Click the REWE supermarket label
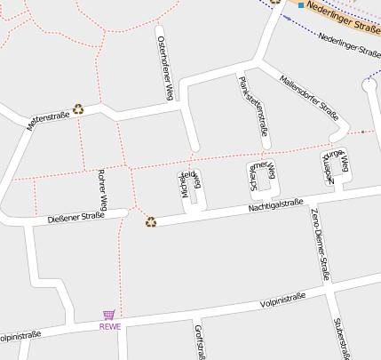click(109, 326)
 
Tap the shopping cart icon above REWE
click(109, 315)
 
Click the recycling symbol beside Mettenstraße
click(78, 109)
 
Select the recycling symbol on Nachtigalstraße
click(151, 222)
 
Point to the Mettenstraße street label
click(48, 120)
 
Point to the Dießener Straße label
click(75, 216)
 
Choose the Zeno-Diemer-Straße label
click(320, 244)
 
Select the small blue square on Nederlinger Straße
click(301, 5)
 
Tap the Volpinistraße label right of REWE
click(283, 300)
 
